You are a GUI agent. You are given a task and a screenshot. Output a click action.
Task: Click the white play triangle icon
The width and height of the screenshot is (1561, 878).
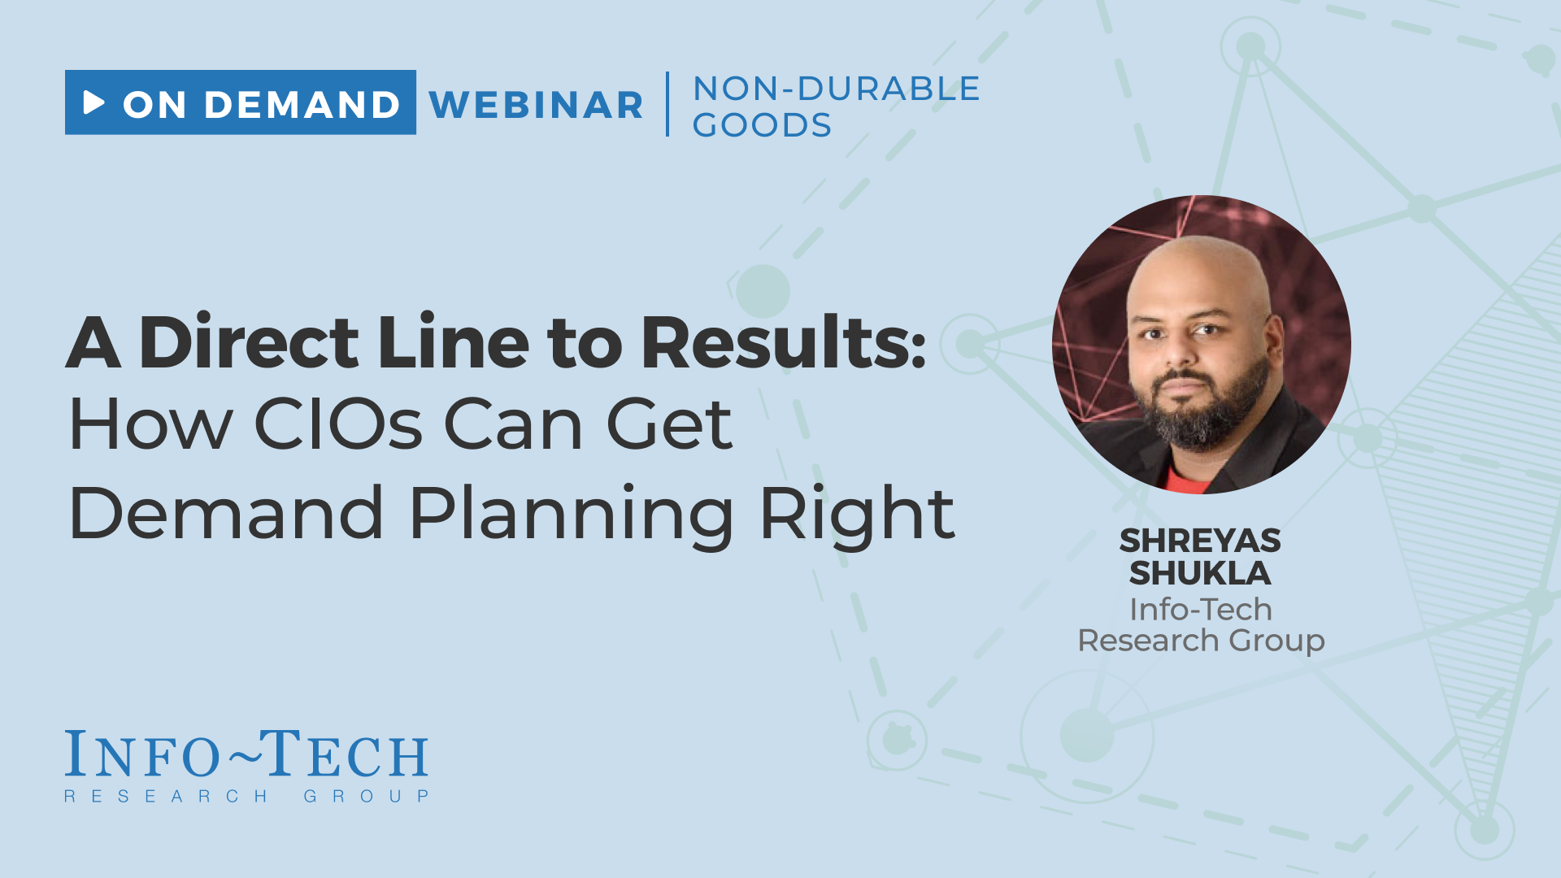tap(93, 102)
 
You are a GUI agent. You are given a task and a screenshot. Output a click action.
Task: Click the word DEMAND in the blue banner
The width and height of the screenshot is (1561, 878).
tap(302, 105)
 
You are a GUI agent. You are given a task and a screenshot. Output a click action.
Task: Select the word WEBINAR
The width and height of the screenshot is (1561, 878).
tap(536, 105)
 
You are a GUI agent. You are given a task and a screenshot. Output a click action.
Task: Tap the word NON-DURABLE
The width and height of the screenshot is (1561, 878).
tap(837, 89)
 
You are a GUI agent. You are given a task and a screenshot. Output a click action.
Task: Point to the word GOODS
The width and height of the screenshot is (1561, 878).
tap(762, 124)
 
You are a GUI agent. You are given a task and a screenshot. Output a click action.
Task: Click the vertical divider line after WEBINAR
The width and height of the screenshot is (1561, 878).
tap(667, 104)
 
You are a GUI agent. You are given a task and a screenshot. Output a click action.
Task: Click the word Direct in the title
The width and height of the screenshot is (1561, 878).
tap(249, 342)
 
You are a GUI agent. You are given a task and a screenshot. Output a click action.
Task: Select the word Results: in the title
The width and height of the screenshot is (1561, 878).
tap(784, 342)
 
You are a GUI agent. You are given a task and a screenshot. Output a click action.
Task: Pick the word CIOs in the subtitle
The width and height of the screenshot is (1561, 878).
tap(338, 424)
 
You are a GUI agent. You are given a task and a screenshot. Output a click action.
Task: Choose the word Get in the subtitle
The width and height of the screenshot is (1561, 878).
tap(669, 424)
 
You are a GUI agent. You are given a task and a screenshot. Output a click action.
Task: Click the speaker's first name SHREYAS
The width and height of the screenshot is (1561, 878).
tap(1200, 541)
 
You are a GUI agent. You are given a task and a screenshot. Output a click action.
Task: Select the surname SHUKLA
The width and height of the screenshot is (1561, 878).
tap(1200, 573)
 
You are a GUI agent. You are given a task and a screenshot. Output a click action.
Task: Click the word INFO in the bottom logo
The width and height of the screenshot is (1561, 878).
tap(142, 754)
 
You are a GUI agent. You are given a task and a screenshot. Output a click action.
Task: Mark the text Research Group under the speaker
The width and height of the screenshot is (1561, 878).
tap(1201, 641)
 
